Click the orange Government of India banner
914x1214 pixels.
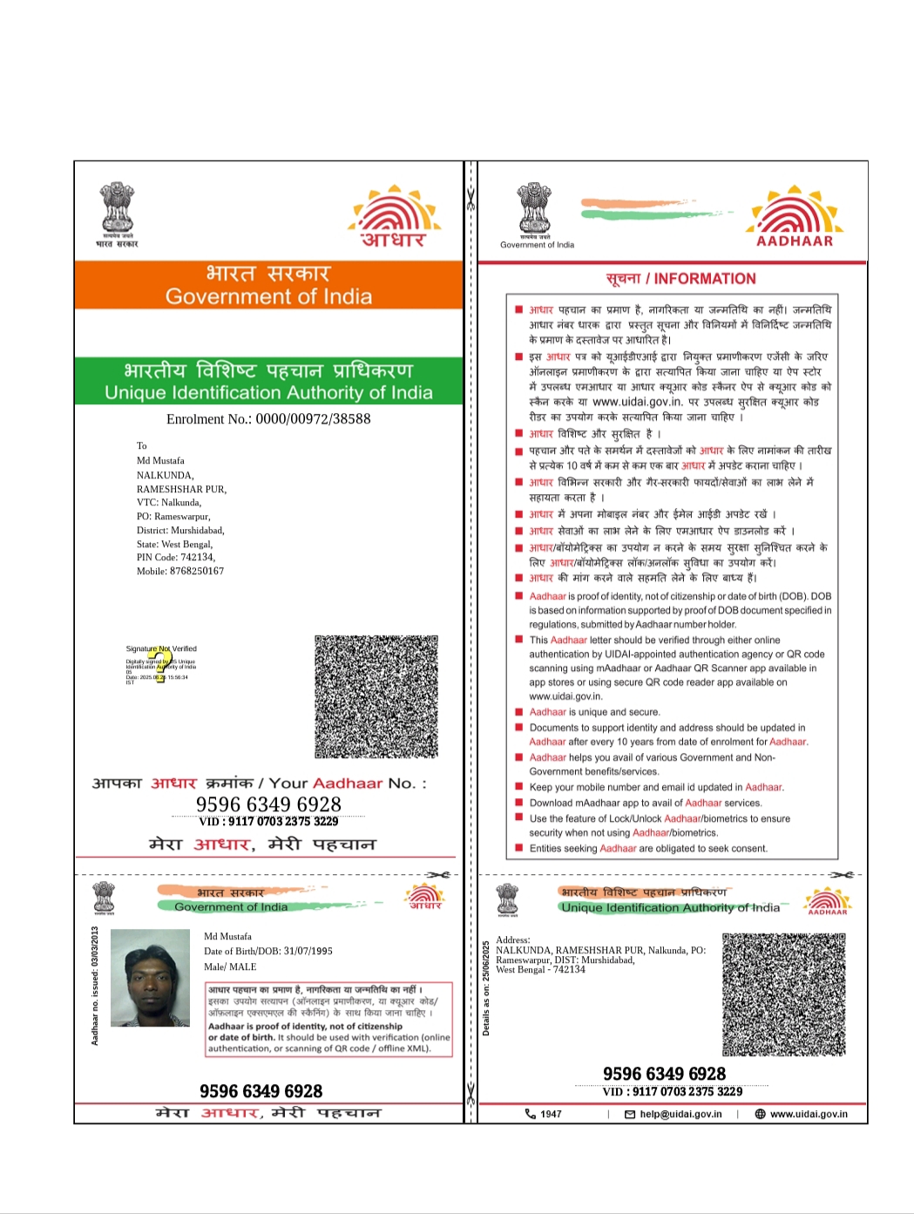click(268, 285)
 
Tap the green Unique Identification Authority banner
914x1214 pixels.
click(268, 382)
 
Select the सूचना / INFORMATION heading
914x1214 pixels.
click(680, 279)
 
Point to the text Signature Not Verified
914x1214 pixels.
click(161, 648)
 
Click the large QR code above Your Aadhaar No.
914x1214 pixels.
click(376, 696)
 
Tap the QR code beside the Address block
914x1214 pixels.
click(783, 994)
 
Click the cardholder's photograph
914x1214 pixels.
click(150, 978)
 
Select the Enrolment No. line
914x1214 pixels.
click(268, 419)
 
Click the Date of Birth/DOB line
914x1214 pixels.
click(268, 951)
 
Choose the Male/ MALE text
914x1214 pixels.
click(230, 966)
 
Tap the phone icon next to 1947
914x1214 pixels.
click(530, 1114)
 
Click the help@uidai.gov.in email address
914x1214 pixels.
click(680, 1114)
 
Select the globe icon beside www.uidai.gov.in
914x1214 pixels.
click(760, 1114)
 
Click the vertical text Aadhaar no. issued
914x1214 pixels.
click(95, 986)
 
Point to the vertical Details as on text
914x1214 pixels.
click(486, 988)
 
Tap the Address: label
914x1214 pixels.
click(512, 939)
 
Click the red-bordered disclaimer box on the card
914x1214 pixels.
click(329, 1019)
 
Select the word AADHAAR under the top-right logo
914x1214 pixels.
click(794, 241)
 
